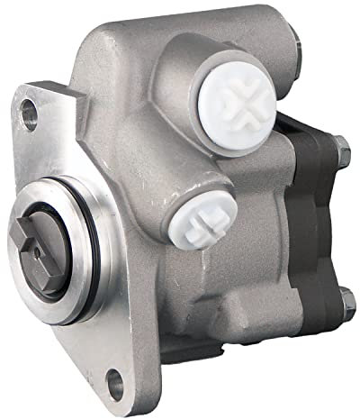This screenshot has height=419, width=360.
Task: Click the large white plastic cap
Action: pos(237,106)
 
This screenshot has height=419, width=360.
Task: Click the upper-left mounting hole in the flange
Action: pos(31,113)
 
